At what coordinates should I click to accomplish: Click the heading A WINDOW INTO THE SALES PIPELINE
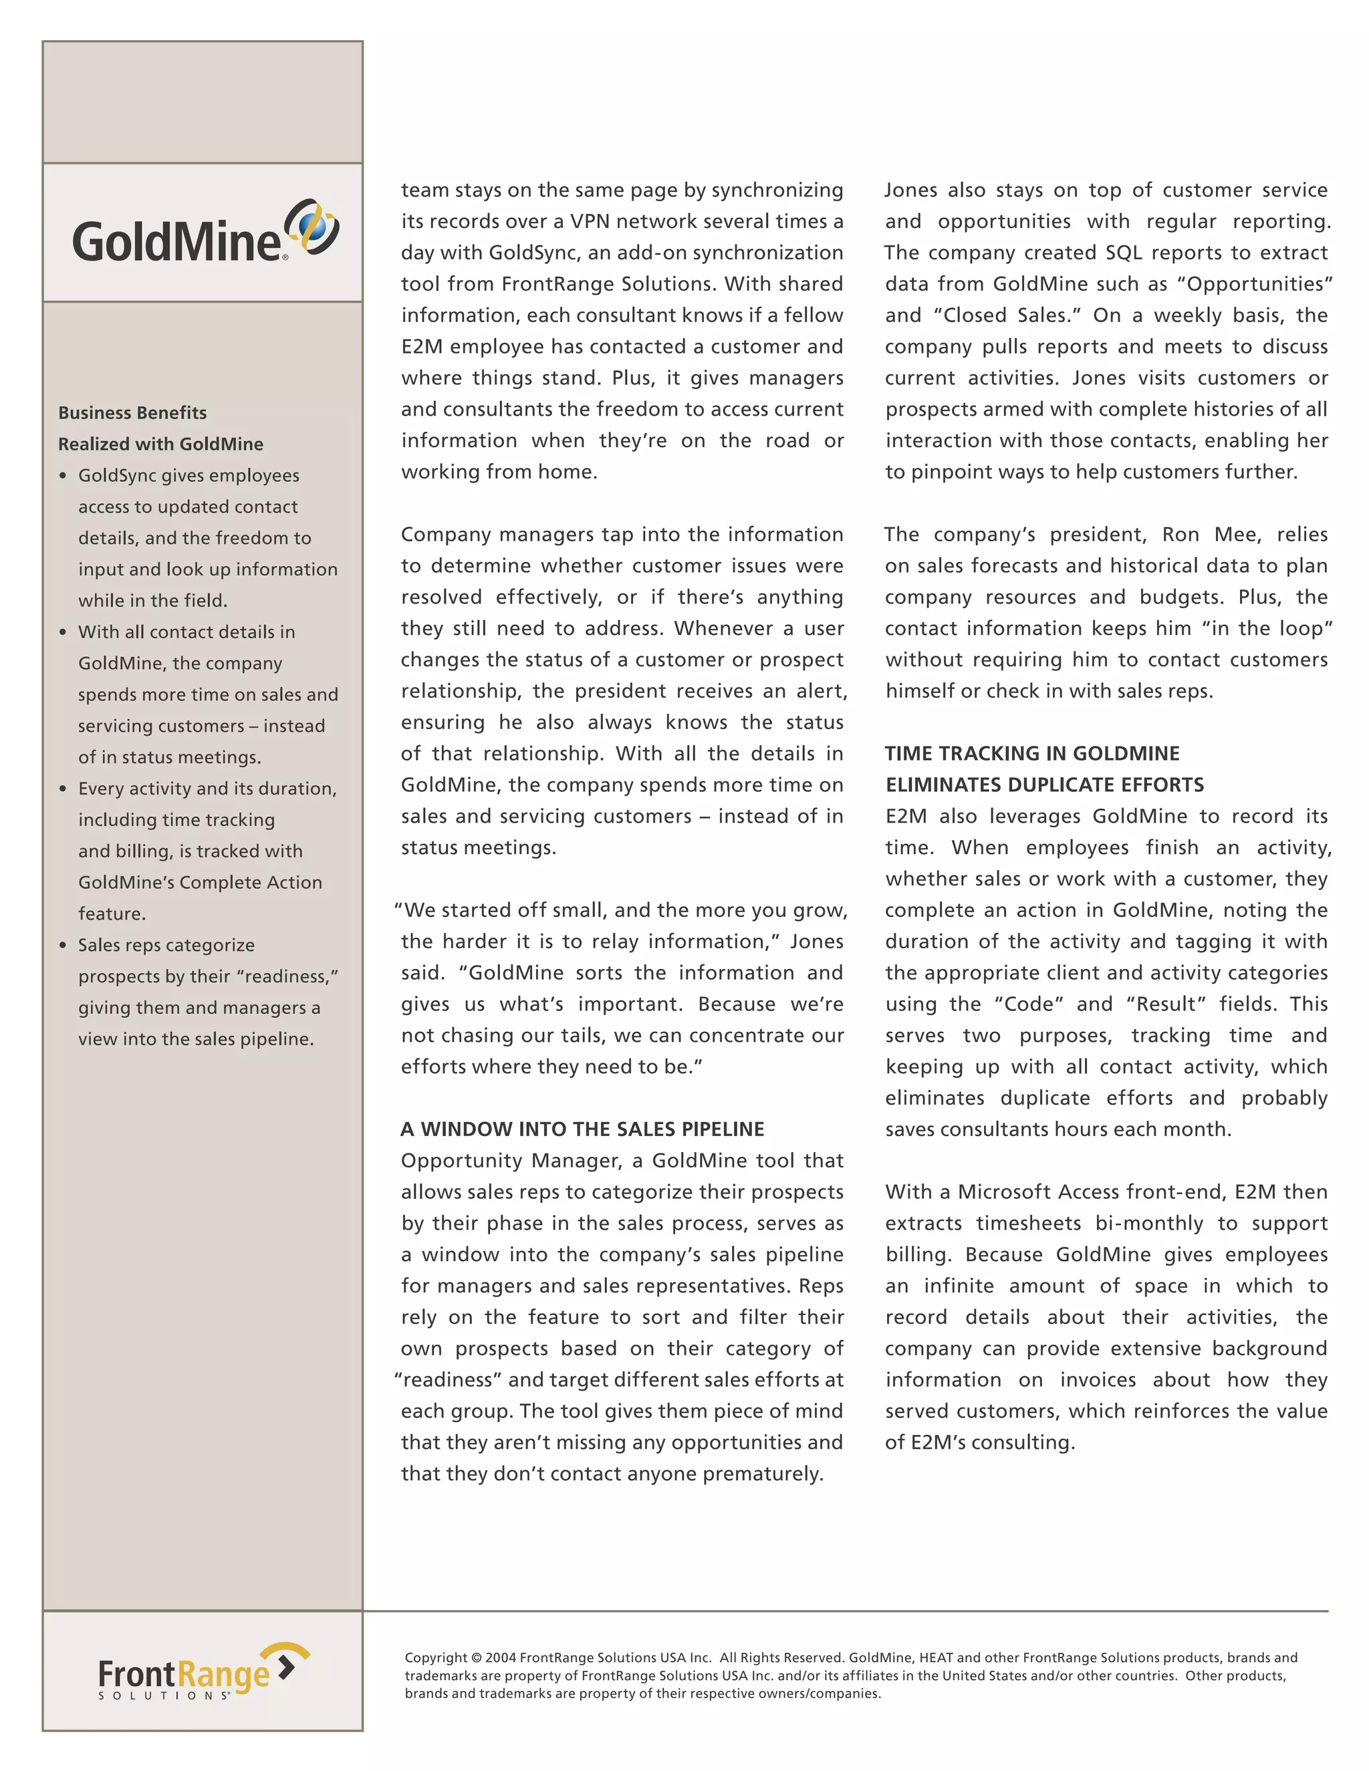coord(582,1129)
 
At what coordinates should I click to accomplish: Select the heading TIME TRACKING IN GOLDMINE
coord(1032,753)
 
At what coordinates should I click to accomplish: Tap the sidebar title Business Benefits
coord(132,413)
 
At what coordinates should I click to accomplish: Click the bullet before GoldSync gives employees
coord(64,476)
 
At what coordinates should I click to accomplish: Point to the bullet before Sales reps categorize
coord(64,946)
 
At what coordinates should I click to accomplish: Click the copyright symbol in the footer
coord(476,1657)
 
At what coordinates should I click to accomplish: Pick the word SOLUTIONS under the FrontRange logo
coord(164,1695)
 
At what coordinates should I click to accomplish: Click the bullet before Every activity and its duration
coord(64,789)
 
